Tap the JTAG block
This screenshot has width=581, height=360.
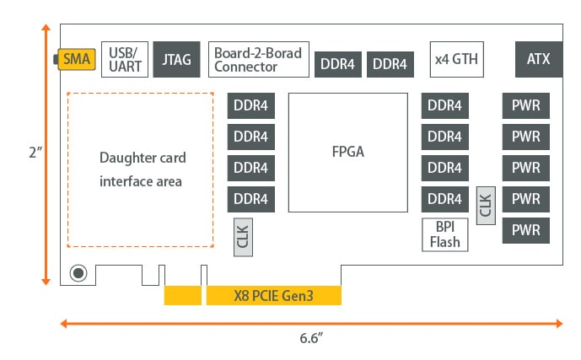coord(177,60)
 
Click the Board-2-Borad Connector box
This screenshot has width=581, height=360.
coord(259,60)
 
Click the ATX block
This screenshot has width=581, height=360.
coord(538,60)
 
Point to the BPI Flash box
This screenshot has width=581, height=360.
coord(445,234)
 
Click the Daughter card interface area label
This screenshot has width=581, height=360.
coord(141,169)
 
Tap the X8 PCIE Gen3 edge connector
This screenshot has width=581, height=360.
coord(273,296)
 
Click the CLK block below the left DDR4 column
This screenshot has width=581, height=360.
coord(243,236)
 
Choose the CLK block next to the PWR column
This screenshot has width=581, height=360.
coord(485,205)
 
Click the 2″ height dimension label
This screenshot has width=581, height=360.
coord(34,153)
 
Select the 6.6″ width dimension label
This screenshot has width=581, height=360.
coord(311,339)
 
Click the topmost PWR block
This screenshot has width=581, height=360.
coord(525,106)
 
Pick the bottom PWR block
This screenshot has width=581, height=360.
coord(525,230)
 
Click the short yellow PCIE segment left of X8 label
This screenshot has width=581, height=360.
coord(183,296)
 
